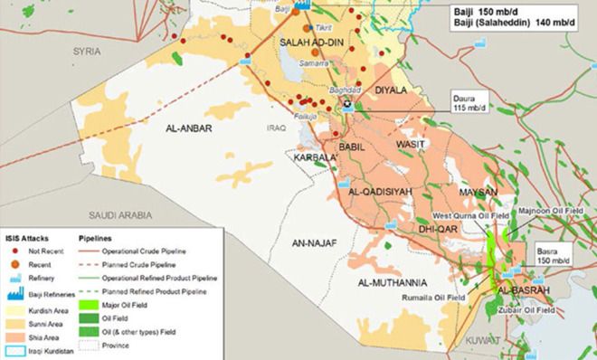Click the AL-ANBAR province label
pos(189,129)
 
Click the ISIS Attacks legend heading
pos(30,234)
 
